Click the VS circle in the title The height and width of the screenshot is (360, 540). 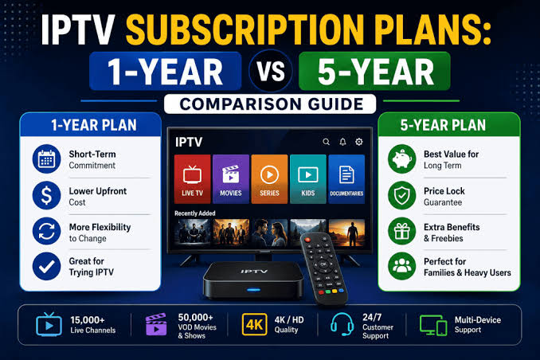point(271,71)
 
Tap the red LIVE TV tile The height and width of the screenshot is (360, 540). point(192,178)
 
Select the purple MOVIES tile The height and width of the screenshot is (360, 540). point(231,178)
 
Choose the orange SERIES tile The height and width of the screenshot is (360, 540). point(269,178)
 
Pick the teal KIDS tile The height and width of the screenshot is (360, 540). point(308,178)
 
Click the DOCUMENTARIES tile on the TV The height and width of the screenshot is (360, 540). point(346,178)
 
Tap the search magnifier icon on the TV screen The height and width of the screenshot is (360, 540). point(326,142)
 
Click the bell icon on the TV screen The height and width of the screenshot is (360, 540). point(342,142)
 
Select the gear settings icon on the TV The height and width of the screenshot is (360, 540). point(359,142)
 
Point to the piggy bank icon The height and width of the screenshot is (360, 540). point(402,159)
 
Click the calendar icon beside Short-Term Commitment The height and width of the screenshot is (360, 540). point(46,159)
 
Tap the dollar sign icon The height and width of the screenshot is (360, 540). point(46,195)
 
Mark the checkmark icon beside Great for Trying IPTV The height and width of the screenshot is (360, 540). point(46,266)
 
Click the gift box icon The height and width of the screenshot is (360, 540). point(402,231)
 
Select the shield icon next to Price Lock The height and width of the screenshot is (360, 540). point(402,195)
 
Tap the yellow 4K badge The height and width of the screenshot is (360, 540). point(255,324)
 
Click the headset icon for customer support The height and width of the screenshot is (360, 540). point(342,324)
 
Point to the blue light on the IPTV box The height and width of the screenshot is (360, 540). point(254,290)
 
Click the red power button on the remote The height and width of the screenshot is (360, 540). point(308,240)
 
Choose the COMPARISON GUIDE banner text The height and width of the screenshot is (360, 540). point(271,104)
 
